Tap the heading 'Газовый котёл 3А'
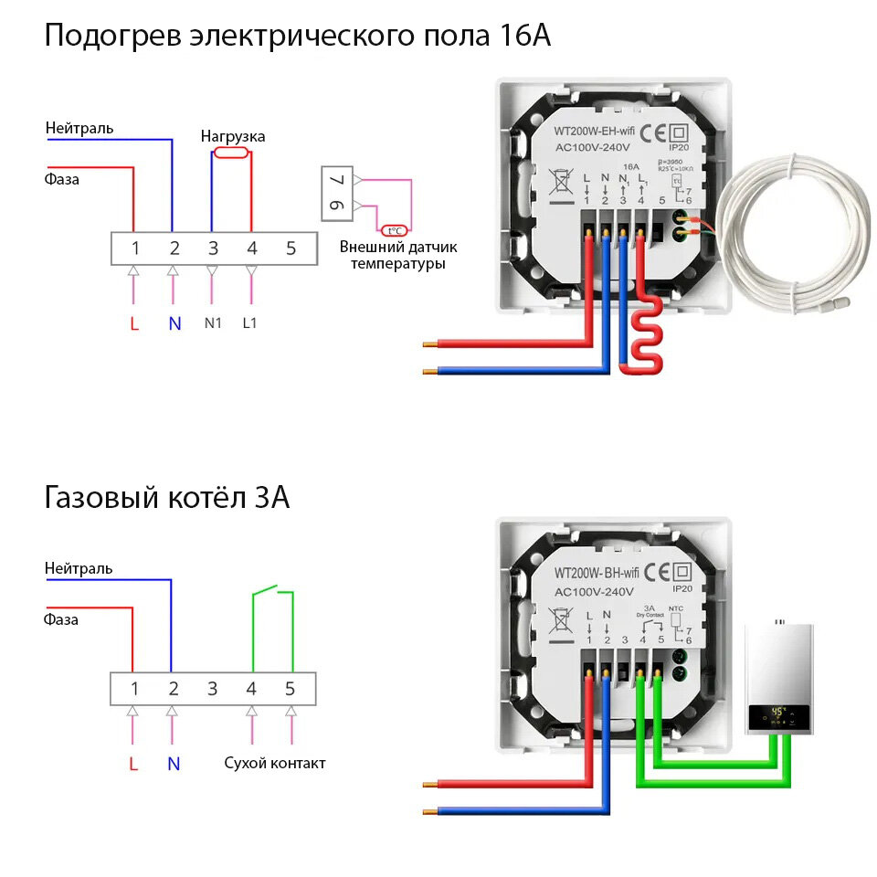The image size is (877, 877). pyautogui.click(x=167, y=498)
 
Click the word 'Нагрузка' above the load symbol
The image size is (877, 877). pyautogui.click(x=233, y=136)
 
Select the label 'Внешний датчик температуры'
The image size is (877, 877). pyautogui.click(x=398, y=255)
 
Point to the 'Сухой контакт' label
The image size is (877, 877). pyautogui.click(x=275, y=763)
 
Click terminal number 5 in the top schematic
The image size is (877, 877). pyautogui.click(x=291, y=248)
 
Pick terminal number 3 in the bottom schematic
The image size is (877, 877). pyautogui.click(x=212, y=689)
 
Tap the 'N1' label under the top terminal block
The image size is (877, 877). pyautogui.click(x=213, y=323)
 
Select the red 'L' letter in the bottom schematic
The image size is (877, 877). pyautogui.click(x=133, y=764)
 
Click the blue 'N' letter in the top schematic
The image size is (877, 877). pyautogui.click(x=174, y=323)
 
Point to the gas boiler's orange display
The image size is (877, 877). pyautogui.click(x=777, y=713)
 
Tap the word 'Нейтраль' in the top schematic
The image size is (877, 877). pyautogui.click(x=79, y=128)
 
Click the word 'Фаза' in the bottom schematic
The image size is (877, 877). pyautogui.click(x=62, y=619)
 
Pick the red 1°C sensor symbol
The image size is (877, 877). pyautogui.click(x=394, y=231)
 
